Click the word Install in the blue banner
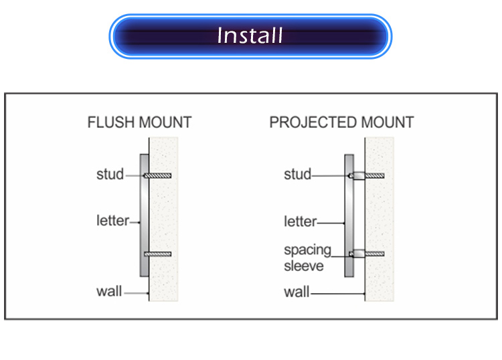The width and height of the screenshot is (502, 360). (250, 35)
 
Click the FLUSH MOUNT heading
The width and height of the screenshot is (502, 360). (139, 122)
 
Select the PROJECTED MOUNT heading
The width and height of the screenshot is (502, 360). (341, 122)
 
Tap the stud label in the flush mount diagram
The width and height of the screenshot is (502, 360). (110, 175)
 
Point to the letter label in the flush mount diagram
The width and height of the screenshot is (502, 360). (111, 219)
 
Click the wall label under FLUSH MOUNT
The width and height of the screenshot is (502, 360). (109, 292)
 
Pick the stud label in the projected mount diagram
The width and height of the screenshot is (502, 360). (298, 175)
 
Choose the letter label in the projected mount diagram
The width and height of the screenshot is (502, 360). (299, 221)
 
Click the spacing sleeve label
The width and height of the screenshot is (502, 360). (307, 258)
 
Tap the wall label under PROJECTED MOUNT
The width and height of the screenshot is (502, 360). (297, 292)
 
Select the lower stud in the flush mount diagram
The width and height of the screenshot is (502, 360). (159, 254)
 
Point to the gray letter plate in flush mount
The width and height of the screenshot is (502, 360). (144, 214)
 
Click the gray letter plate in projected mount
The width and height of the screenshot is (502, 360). (348, 214)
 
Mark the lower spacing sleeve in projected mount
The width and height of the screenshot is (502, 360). (358, 254)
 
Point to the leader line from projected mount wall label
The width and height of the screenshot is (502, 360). (338, 293)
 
